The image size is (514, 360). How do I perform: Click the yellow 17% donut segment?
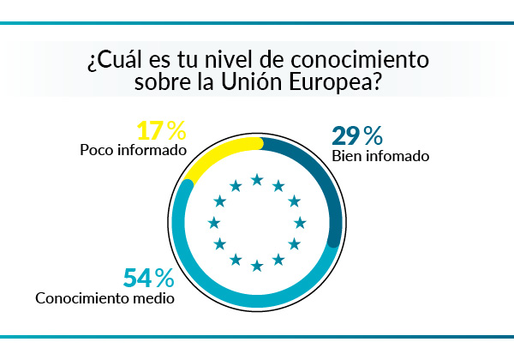pos(214,153)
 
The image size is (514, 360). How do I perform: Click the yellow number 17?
pos(150,130)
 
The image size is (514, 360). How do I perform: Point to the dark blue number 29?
pos(345,135)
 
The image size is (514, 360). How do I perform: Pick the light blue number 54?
pos(137,279)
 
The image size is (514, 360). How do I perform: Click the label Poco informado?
pos(133,150)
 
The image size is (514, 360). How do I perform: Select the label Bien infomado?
pos(380,156)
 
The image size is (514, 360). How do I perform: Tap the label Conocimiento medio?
pos(105,299)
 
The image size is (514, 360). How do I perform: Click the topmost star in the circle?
pos(256,179)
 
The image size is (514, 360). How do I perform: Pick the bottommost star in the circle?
pos(256,265)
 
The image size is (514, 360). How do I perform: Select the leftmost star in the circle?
pos(213,223)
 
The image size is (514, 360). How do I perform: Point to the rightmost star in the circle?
pos(300,223)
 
